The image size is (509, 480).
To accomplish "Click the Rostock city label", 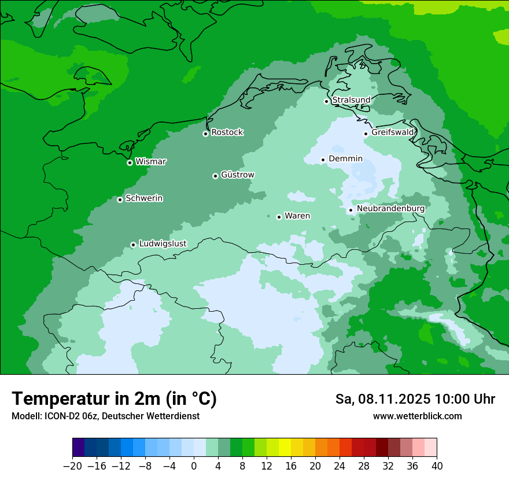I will (x=227, y=132).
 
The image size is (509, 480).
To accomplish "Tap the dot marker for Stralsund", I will (x=326, y=101).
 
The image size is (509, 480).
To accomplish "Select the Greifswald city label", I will (x=393, y=132).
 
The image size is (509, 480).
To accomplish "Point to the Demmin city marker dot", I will (x=323, y=160).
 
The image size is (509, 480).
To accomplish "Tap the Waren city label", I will (x=297, y=216).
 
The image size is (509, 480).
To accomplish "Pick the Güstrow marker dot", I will (x=215, y=176).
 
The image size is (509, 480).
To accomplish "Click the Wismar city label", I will (x=150, y=162).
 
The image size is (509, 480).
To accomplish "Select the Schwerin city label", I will (x=144, y=198).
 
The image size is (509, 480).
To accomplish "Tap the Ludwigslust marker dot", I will (x=133, y=245).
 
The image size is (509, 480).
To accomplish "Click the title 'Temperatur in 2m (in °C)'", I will (x=114, y=399).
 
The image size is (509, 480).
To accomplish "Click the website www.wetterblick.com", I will (x=417, y=416).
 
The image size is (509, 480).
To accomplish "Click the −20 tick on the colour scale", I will (x=72, y=466).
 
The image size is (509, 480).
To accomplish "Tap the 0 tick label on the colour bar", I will (x=194, y=466).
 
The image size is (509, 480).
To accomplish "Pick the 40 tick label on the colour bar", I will (x=437, y=466).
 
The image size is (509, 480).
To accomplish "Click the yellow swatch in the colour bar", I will (x=285, y=448).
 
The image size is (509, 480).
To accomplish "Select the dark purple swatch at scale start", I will (x=79, y=448).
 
